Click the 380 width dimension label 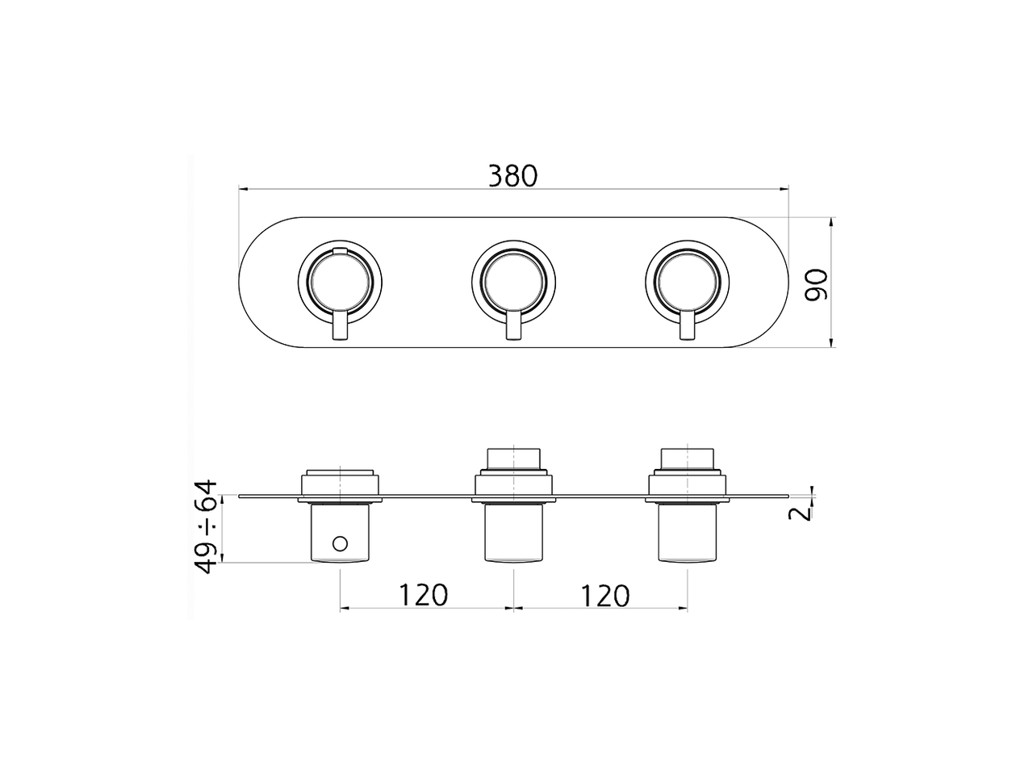tap(512, 175)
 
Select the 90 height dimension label tap(818, 284)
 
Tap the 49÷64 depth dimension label tap(207, 526)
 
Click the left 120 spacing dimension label tap(422, 595)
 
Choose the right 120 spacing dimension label tap(604, 595)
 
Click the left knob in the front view tap(339, 282)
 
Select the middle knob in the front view tap(513, 282)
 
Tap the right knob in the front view tap(688, 282)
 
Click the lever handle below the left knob tap(340, 329)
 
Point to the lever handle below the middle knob tap(513, 329)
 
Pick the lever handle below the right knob tap(688, 329)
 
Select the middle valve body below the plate tap(513, 533)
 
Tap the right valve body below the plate tap(688, 533)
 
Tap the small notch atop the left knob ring tap(340, 252)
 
